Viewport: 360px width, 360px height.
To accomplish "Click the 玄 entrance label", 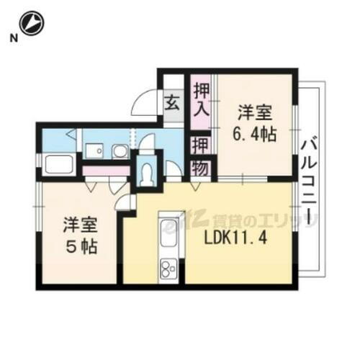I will pyautogui.click(x=174, y=102).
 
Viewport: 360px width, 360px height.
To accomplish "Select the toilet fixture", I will pyautogui.click(x=148, y=173).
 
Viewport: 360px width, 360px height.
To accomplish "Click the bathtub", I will pyautogui.click(x=60, y=163).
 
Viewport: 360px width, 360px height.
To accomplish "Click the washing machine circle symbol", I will pyautogui.click(x=120, y=150).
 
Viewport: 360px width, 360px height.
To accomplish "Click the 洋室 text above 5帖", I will pyautogui.click(x=78, y=222).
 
